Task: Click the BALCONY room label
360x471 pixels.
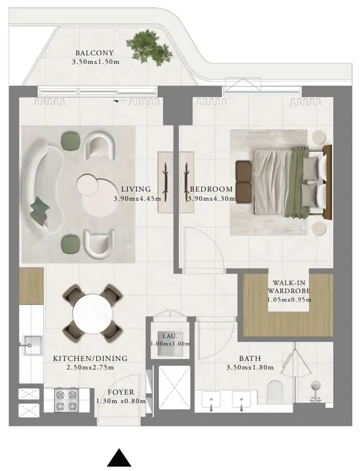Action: coord(95,53)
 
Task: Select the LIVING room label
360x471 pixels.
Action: coord(136,189)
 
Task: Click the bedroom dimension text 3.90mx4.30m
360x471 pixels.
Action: coord(211,198)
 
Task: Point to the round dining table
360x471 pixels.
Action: coord(93,313)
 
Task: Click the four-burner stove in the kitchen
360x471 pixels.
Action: coord(67,400)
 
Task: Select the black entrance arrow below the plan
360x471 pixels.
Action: coord(120,458)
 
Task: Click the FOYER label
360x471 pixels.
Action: coord(121,392)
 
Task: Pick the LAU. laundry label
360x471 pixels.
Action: coord(170,336)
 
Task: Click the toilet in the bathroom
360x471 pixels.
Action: coord(275,392)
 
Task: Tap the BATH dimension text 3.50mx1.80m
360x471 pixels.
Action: coord(250,367)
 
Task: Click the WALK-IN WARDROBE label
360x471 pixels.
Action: coord(289,287)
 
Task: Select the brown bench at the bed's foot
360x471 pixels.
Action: coord(244,181)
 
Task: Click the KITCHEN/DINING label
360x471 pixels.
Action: coord(91,358)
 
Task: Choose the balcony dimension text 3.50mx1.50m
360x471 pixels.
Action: coord(96,62)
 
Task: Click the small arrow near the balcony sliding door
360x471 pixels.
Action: coord(116,101)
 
